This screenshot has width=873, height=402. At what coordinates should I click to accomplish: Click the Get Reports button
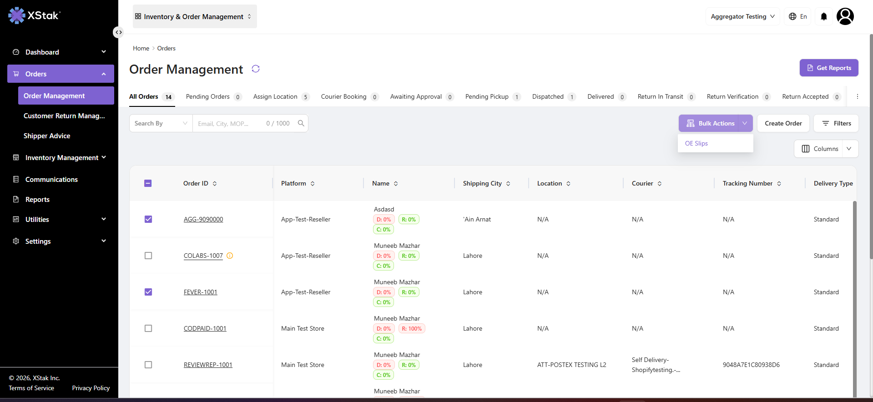[829, 68]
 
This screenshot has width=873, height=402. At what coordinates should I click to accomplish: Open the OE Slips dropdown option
[696, 143]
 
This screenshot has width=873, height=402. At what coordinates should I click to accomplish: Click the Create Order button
[783, 123]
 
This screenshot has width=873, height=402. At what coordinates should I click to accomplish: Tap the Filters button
[836, 123]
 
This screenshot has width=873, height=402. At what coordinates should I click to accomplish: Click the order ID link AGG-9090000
[203, 219]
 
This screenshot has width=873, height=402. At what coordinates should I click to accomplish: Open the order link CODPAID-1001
[205, 328]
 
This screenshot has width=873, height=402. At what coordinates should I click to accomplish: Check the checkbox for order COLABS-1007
[148, 256]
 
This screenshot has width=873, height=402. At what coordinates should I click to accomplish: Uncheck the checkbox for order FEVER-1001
[148, 292]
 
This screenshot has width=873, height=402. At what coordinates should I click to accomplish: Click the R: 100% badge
[412, 329]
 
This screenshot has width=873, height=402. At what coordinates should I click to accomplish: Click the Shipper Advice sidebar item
[47, 136]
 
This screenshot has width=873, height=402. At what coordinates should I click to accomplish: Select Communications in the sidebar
[51, 180]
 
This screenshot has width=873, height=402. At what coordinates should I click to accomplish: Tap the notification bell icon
[824, 16]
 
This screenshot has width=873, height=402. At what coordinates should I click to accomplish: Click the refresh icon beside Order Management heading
[256, 69]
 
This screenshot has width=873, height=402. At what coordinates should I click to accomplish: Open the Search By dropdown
[161, 123]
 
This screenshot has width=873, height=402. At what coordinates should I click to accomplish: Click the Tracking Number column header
[747, 183]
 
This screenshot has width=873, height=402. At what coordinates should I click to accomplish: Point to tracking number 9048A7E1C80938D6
[751, 365]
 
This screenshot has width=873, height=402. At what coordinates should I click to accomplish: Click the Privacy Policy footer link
[91, 388]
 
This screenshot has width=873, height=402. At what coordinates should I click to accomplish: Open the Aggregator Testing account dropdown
[742, 16]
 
